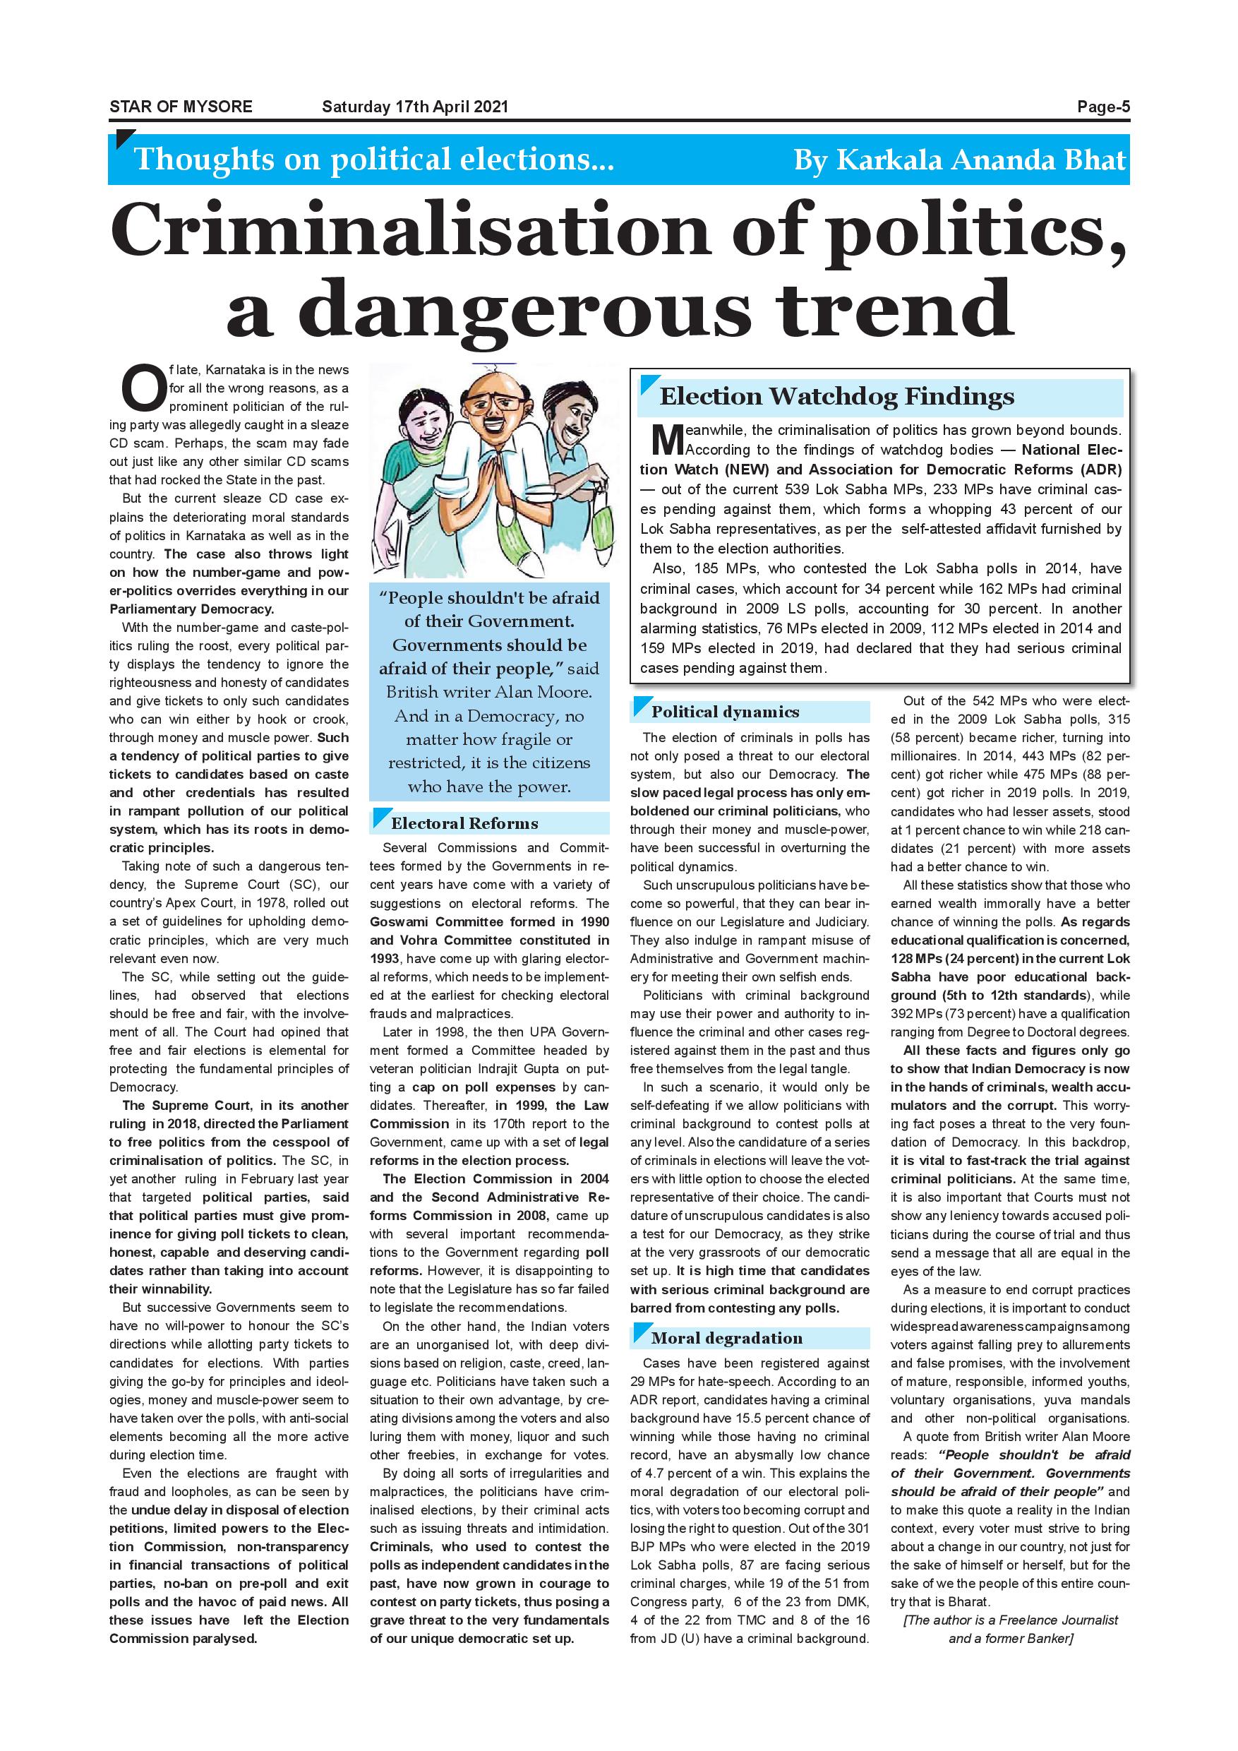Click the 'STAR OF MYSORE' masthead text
181,107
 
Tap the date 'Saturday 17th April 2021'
415,107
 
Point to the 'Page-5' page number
1103,107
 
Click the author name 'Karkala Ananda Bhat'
981,160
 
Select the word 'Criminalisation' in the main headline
411,230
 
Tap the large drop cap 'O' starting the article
143,388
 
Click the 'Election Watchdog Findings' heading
836,397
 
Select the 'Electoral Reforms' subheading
464,824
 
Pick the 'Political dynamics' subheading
725,712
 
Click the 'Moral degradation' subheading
726,1339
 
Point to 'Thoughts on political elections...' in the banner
373,160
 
